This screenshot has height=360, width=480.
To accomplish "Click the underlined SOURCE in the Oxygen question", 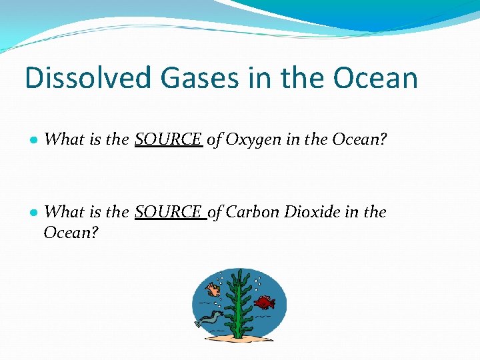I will pos(168,139).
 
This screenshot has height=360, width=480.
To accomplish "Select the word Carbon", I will pos(253,212).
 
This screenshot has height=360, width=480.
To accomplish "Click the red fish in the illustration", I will pos(265,303).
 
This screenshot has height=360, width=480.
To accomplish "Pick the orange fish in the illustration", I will pos(214,289).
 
